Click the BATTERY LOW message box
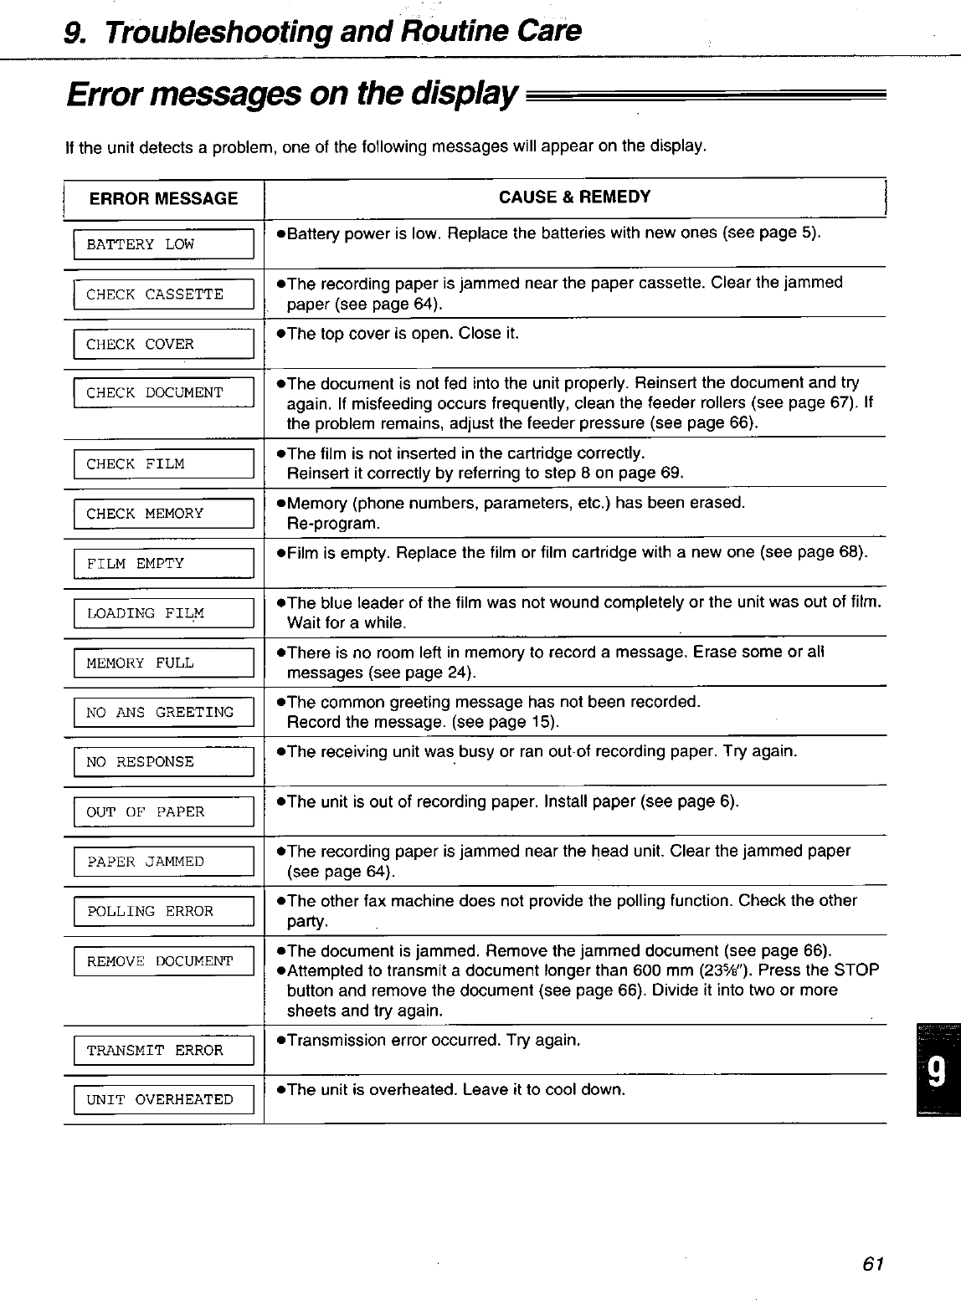[163, 244]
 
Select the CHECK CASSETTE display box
[163, 294]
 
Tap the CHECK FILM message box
[163, 464]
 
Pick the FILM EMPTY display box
[163, 564]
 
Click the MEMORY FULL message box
[163, 663]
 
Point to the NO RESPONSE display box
[163, 762]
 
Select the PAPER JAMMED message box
[163, 862]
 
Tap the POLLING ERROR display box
[163, 911]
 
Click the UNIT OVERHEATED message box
[163, 1099]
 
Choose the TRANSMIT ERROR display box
[163, 1050]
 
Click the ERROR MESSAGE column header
[163, 198]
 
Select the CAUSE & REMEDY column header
[574, 197]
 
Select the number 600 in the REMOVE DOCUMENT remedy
[633, 970]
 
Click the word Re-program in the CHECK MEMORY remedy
[333, 525]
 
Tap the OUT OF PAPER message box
[163, 811]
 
